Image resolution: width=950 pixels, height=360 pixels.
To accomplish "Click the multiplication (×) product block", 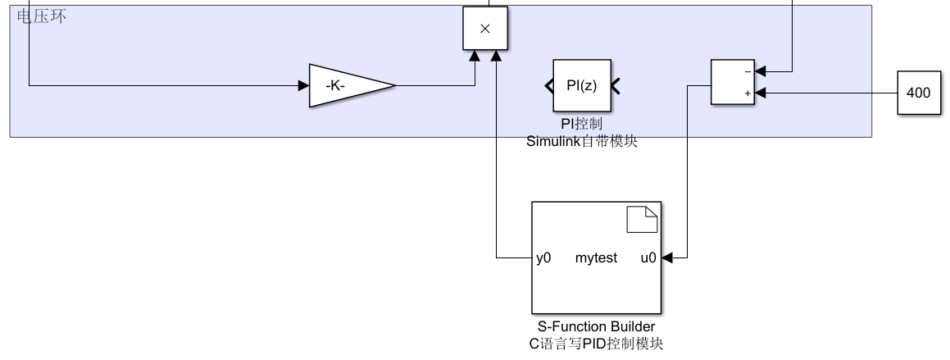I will pos(484,29).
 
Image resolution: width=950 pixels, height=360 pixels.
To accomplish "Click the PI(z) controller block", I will pos(581,85).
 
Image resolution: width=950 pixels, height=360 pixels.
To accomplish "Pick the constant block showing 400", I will pos(918,93).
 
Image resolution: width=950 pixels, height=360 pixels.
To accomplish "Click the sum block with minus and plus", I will pos(732,82).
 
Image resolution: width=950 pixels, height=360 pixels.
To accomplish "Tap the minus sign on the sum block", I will pos(747,71).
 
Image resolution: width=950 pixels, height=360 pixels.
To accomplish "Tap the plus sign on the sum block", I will pos(747,93).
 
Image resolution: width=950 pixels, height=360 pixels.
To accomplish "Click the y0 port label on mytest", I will pos(543,258).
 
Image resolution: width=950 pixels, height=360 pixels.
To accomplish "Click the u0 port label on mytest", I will pos(648,258).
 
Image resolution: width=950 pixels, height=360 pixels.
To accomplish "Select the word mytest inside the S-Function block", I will pos(596,258).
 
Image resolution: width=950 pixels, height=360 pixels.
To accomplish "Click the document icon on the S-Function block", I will pos(643,220).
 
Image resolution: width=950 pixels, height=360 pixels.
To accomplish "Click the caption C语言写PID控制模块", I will pos(596,344).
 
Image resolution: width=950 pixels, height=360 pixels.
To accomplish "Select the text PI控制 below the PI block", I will pos(581,124).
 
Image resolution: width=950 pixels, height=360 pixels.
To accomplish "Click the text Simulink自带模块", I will pos(581,141).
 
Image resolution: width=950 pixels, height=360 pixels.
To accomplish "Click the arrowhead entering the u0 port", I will pos(666,258).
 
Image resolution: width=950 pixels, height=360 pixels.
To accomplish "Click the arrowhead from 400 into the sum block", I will pos(761,93).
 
